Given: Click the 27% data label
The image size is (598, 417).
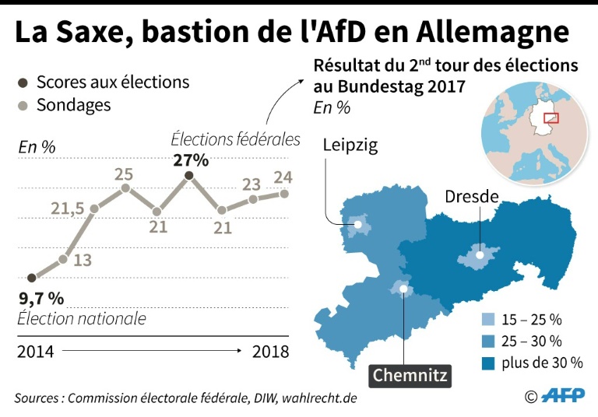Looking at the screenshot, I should pos(190,160).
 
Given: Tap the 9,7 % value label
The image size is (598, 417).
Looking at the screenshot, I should pos(40,298).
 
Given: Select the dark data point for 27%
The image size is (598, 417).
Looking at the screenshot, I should pos(189,177).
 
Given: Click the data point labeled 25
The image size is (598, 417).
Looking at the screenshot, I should pos(125,187).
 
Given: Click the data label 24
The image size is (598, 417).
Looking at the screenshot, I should pos(283,177).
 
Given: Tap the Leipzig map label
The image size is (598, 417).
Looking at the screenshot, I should pos(350,145).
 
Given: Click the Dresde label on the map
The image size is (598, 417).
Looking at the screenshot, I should pos(471,196).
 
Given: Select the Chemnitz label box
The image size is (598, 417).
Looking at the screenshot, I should pos(410,375).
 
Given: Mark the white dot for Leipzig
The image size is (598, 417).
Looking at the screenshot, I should pos(358,226).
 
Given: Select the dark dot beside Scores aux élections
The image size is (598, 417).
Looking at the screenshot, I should pos(23,82).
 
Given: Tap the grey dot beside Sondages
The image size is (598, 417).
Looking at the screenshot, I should pos(23,105).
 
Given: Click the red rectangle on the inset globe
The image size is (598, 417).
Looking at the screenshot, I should pos(551,118).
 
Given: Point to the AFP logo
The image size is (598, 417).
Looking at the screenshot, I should pos(562,396).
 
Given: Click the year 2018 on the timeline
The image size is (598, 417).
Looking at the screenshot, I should pos(270,352).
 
